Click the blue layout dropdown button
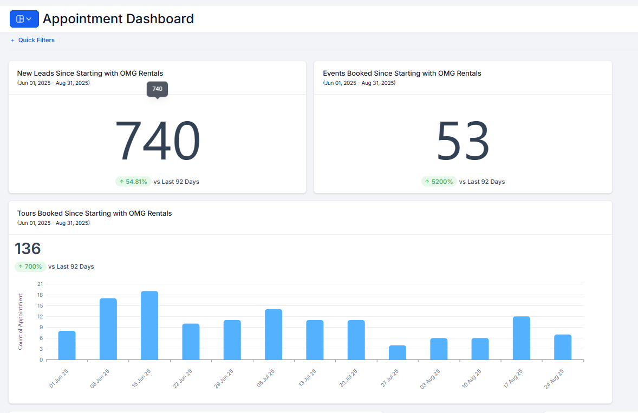(x=24, y=19)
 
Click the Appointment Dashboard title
(x=118, y=19)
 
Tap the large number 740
(x=158, y=141)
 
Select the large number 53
(x=463, y=141)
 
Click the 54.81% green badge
(x=133, y=182)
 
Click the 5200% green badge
(x=439, y=182)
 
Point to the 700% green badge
(x=30, y=267)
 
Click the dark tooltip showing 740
(x=157, y=89)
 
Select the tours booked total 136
(x=28, y=249)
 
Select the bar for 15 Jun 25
(x=149, y=325)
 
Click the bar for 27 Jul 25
(x=397, y=352)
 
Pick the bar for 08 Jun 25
(x=108, y=329)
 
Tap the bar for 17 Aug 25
(x=521, y=338)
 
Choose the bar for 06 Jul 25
(x=274, y=334)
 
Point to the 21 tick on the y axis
(x=40, y=284)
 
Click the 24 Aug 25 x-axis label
(x=554, y=379)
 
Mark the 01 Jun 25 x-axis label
(x=58, y=379)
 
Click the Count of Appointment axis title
(x=21, y=321)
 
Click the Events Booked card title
(x=402, y=74)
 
